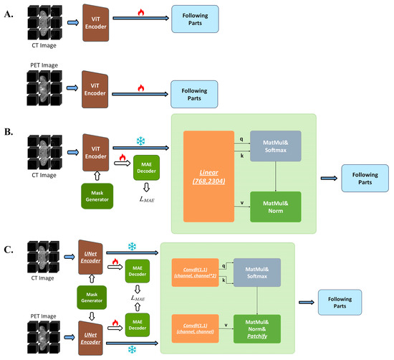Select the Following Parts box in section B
[x=364, y=176]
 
